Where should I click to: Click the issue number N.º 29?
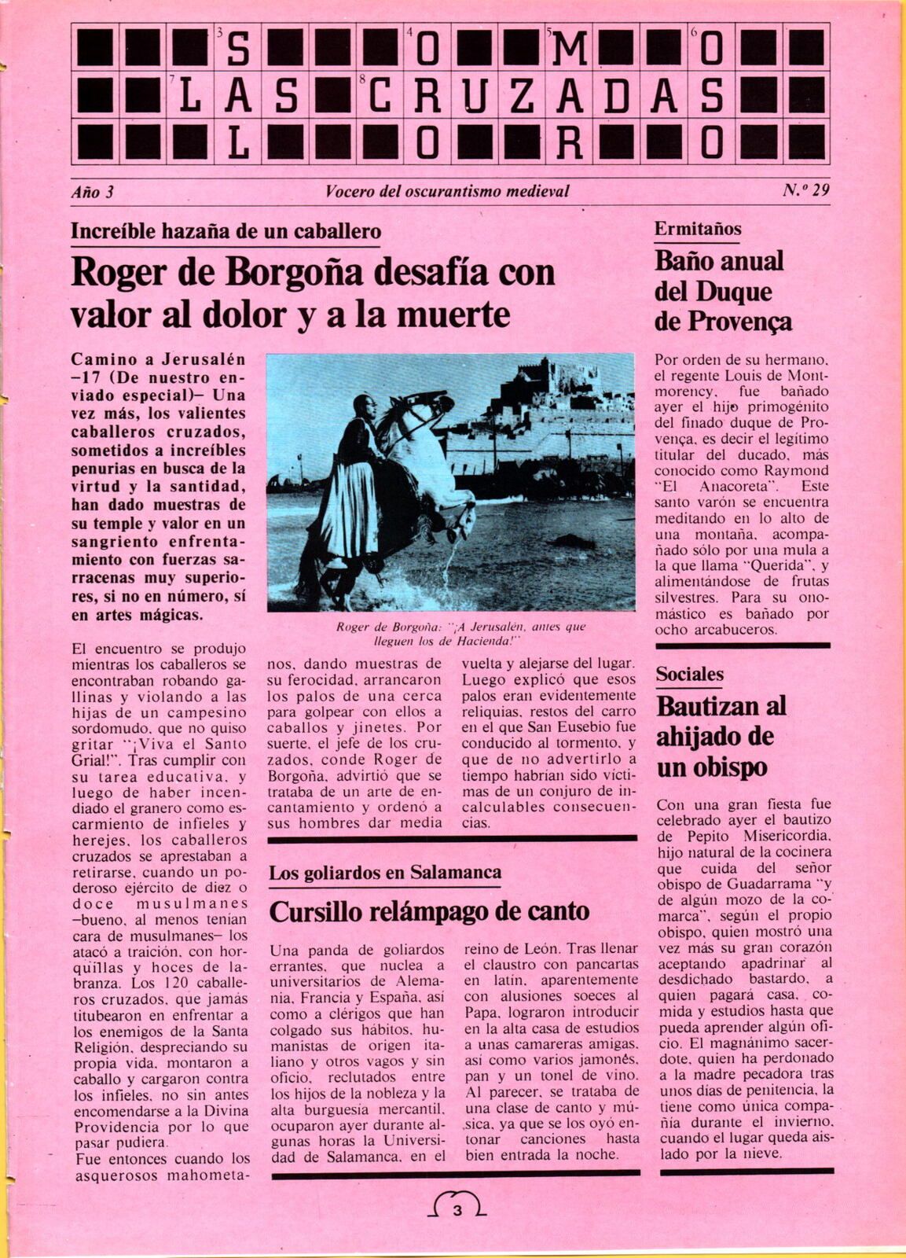pyautogui.click(x=805, y=190)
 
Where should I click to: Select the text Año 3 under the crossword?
pyautogui.click(x=93, y=191)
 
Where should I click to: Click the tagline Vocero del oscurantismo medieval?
pyautogui.click(x=446, y=191)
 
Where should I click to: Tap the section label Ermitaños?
pyautogui.click(x=698, y=229)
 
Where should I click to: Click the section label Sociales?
pyautogui.click(x=689, y=674)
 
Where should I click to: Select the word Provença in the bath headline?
pyautogui.click(x=743, y=322)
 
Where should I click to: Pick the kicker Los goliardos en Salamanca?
pyautogui.click(x=385, y=873)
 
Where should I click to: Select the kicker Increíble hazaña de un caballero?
pyautogui.click(x=226, y=231)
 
